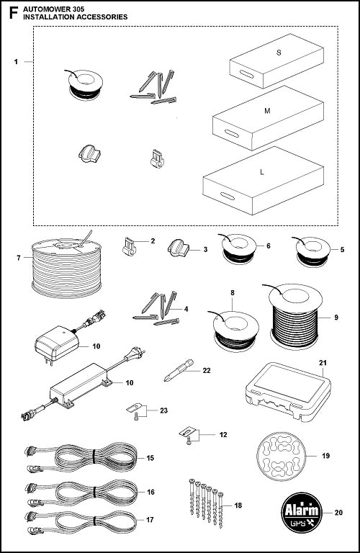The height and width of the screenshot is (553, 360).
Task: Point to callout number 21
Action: (323, 361)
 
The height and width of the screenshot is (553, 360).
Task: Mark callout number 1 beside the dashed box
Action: (16, 63)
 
